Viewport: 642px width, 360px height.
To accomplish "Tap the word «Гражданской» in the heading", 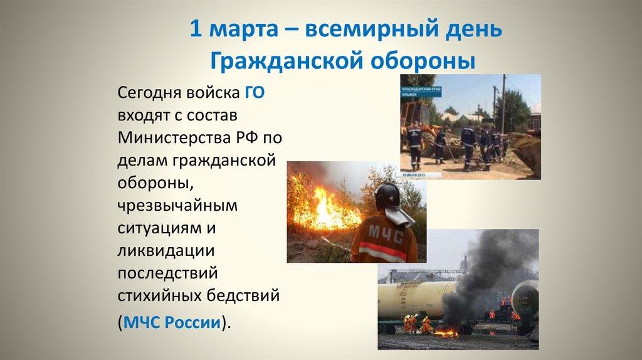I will [x=270, y=61].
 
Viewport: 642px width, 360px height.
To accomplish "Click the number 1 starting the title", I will [x=196, y=30].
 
